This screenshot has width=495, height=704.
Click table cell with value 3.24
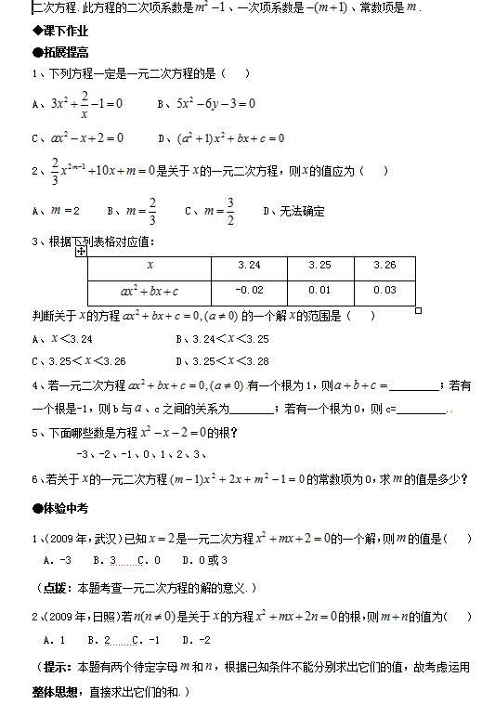tap(249, 266)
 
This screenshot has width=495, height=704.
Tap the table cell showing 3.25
tap(319, 266)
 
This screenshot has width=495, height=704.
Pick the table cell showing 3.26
tap(384, 266)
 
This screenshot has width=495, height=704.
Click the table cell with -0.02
tap(249, 291)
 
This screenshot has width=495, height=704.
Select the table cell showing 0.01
tap(319, 291)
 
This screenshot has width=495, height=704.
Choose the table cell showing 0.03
tap(384, 291)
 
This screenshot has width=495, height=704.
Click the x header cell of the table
tap(150, 266)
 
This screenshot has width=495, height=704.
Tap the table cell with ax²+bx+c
tap(150, 291)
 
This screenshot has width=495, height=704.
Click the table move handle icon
tap(82, 251)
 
